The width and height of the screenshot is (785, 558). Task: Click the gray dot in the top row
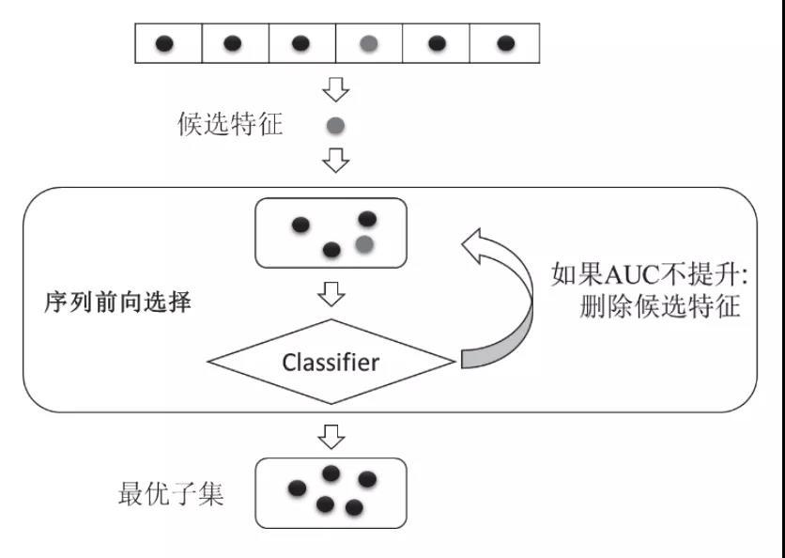tap(369, 43)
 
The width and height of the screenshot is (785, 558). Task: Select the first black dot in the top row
tap(164, 43)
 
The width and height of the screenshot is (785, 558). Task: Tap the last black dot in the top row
tap(505, 43)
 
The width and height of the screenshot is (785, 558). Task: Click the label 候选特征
tap(230, 125)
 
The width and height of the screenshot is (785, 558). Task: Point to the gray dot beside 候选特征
tap(335, 125)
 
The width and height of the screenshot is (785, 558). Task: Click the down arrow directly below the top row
tap(335, 90)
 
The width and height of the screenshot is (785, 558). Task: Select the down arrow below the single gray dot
tap(335, 161)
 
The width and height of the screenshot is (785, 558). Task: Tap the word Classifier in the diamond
tap(331, 362)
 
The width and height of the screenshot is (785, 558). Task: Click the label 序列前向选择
tap(117, 302)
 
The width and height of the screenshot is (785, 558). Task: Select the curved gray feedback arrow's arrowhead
tap(479, 246)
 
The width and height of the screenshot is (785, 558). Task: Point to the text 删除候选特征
tap(661, 307)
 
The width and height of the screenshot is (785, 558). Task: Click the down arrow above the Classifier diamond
tap(331, 295)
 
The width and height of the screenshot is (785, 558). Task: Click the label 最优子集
tap(171, 494)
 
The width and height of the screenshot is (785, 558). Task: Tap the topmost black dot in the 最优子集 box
tap(331, 473)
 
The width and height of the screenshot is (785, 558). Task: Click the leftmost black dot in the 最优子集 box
tap(297, 488)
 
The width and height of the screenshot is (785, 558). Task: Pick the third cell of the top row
tap(301, 43)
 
